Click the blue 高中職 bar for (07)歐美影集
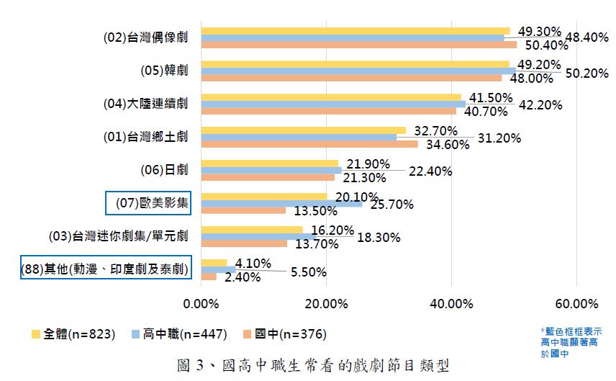tap(282, 204)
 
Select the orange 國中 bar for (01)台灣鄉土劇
tap(309, 144)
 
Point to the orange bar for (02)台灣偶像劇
tap(358, 45)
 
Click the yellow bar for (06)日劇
tap(269, 163)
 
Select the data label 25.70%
tap(391, 205)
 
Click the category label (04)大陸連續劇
tap(145, 104)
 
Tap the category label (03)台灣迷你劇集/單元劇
tap(118, 236)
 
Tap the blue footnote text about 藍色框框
tap(564, 343)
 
